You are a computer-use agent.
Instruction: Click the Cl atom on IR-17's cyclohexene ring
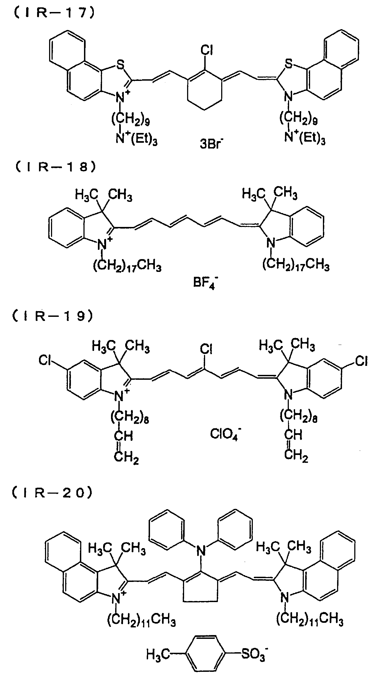tap(206, 50)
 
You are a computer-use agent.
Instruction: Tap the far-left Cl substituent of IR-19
tap(45, 360)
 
